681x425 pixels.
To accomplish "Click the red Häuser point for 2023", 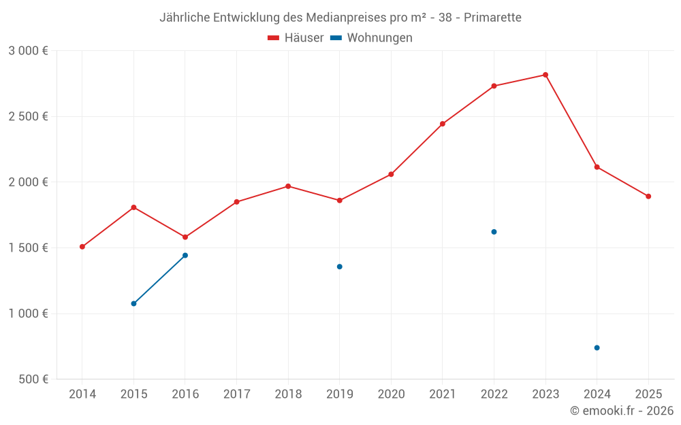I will pyautogui.click(x=545, y=75).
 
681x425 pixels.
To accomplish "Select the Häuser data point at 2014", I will pyautogui.click(x=82, y=247).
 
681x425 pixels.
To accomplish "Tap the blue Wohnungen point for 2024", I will pyautogui.click(x=597, y=347).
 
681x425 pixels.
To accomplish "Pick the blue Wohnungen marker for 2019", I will pyautogui.click(x=339, y=267).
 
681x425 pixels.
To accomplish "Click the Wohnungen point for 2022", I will pyautogui.click(x=494, y=232).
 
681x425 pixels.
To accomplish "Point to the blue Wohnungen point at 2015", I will pyautogui.click(x=133, y=303).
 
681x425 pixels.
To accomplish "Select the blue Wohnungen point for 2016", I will pyautogui.click(x=185, y=256).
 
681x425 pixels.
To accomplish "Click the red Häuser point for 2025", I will pyautogui.click(x=648, y=197).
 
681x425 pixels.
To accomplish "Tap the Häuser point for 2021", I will pyautogui.click(x=443, y=124).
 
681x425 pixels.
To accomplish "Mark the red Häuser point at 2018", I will pyautogui.click(x=288, y=186).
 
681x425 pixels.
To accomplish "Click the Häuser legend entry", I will pyautogui.click(x=296, y=38).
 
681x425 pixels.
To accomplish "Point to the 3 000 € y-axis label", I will pyautogui.click(x=28, y=51).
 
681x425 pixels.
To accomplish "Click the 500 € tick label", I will pyautogui.click(x=33, y=379).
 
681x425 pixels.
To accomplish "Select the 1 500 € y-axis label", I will pyautogui.click(x=28, y=248).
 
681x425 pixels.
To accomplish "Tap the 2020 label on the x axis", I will pyautogui.click(x=391, y=394).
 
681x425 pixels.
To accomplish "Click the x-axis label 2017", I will pyautogui.click(x=236, y=394).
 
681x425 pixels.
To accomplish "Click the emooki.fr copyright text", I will pyautogui.click(x=622, y=411).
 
